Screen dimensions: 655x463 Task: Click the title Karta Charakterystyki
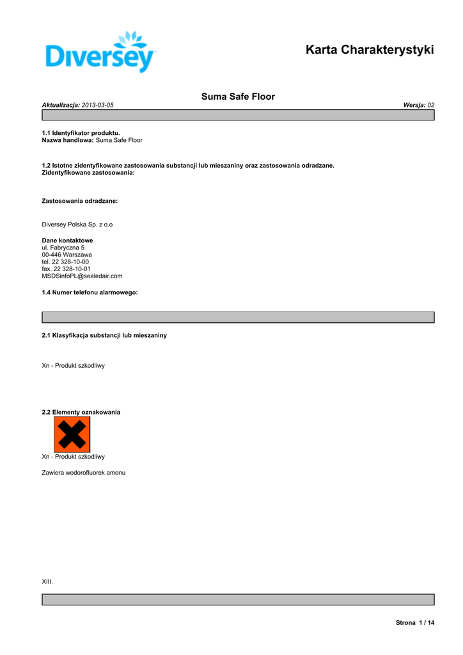[x=370, y=49]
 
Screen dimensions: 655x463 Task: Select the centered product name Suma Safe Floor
[x=238, y=97]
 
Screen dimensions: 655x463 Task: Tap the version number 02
[x=431, y=104]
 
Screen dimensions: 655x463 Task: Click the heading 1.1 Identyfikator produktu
[x=81, y=133]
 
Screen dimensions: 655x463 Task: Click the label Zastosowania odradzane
[x=79, y=201]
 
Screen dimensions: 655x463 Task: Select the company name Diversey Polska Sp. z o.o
[x=77, y=225]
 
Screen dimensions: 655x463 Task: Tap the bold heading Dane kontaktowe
[x=67, y=241]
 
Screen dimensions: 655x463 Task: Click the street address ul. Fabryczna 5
[x=63, y=248]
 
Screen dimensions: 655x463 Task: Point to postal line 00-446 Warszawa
[x=67, y=255]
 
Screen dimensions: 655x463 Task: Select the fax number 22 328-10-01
[x=72, y=269]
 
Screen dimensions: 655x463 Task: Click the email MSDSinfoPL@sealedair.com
[x=82, y=276]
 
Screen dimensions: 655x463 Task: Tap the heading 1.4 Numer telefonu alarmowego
[x=90, y=292]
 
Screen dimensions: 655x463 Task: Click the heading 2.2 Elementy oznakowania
[x=81, y=412]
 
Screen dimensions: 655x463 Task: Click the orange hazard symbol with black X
[x=72, y=434]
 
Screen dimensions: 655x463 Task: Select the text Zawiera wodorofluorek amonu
[x=84, y=473]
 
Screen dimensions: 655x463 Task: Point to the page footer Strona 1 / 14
[x=415, y=623]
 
